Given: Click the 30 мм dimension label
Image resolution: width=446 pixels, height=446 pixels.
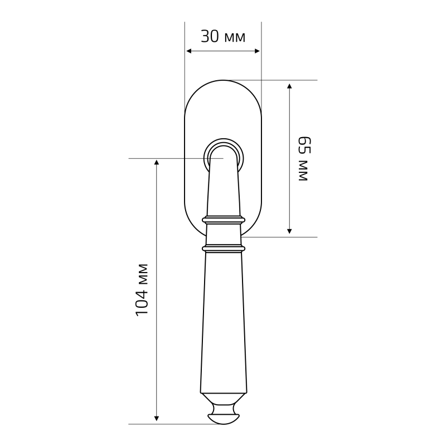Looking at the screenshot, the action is click(223, 37).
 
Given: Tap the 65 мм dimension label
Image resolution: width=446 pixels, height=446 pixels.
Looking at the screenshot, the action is click(304, 159).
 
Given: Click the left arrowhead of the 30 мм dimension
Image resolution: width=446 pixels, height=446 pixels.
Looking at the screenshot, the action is click(189, 51).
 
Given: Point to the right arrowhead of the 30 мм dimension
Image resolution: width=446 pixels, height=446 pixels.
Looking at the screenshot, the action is click(257, 51).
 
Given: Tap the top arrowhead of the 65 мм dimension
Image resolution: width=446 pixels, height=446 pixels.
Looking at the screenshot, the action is click(289, 87).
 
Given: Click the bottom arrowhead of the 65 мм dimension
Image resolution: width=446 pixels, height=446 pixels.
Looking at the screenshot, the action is click(289, 231).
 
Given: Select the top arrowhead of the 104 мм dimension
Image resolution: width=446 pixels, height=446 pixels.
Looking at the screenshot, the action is click(156, 162).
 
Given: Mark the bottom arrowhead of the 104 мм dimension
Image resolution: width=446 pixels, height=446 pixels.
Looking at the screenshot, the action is click(156, 418).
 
